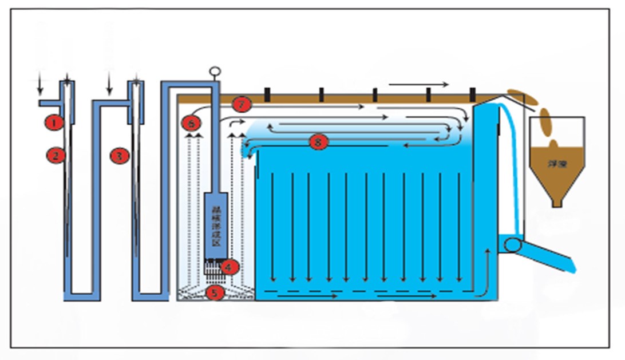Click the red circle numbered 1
click(54, 121)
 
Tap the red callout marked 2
click(56, 154)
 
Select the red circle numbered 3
click(118, 155)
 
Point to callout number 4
click(230, 267)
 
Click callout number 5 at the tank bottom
click(215, 292)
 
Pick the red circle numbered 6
click(192, 122)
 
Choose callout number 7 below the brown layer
click(242, 105)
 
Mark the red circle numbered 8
click(318, 142)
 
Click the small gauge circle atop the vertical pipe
click(215, 72)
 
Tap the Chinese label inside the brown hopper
click(556, 164)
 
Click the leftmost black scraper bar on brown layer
click(266, 93)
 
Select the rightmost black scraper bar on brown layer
click(472, 93)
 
